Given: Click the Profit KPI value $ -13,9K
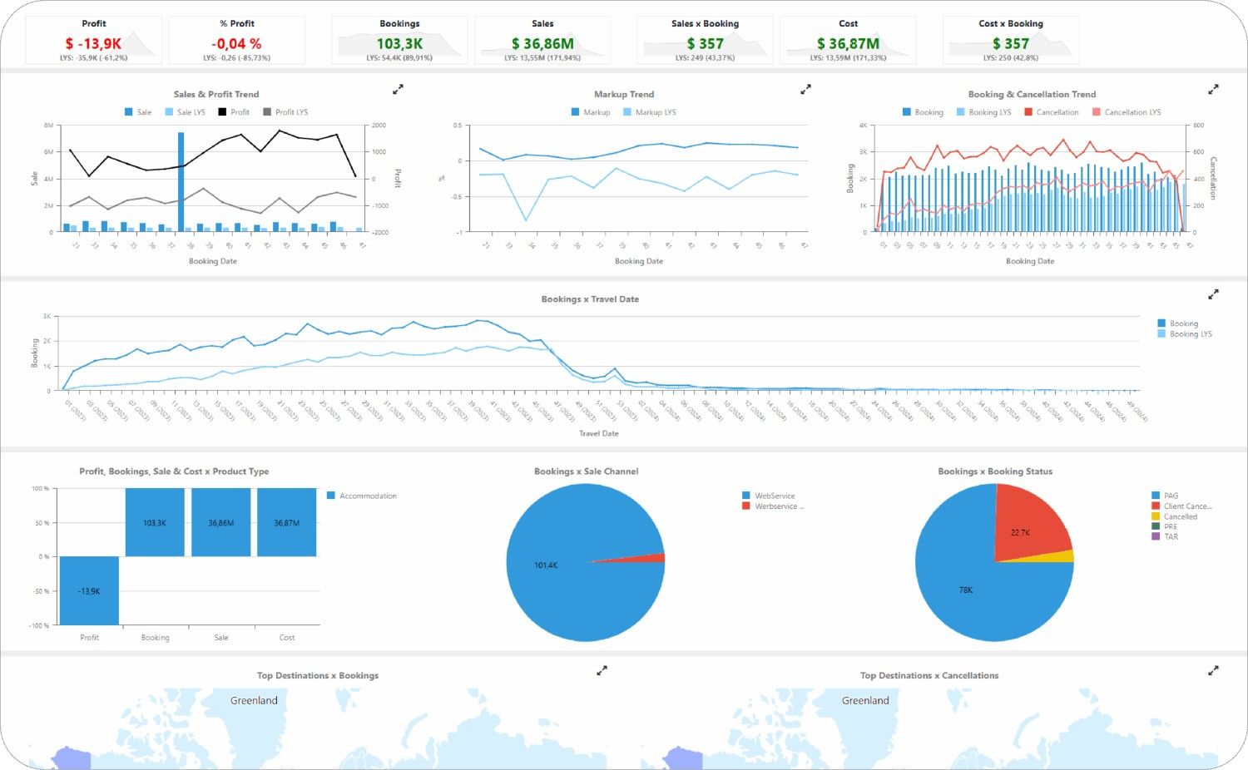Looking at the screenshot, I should pyautogui.click(x=93, y=43).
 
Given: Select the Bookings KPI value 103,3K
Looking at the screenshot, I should pyautogui.click(x=399, y=43).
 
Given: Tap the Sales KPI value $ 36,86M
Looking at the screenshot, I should pyautogui.click(x=542, y=43).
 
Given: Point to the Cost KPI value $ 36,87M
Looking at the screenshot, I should pyautogui.click(x=848, y=43).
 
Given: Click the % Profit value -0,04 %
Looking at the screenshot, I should pyautogui.click(x=236, y=43).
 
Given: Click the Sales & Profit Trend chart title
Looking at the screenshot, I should pyautogui.click(x=216, y=94).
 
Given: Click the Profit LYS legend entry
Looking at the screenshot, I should pyautogui.click(x=290, y=112).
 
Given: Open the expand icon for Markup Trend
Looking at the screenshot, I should pyautogui.click(x=805, y=89).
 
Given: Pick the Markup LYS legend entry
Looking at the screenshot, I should pyautogui.click(x=655, y=112).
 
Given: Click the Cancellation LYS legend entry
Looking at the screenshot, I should pyautogui.click(x=1132, y=112).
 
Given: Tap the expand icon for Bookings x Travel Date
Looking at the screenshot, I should pyautogui.click(x=1213, y=294).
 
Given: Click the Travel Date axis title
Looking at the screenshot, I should pyautogui.click(x=599, y=433).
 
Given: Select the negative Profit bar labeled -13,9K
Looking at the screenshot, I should pyautogui.click(x=89, y=590).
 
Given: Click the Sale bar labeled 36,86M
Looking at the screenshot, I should pyautogui.click(x=221, y=522).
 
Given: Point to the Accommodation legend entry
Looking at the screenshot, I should pyautogui.click(x=367, y=496).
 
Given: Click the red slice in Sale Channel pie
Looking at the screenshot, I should pyautogui.click(x=653, y=558).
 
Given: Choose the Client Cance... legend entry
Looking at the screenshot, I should pyautogui.click(x=1186, y=506).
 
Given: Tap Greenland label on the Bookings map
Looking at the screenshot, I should pyautogui.click(x=254, y=701).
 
